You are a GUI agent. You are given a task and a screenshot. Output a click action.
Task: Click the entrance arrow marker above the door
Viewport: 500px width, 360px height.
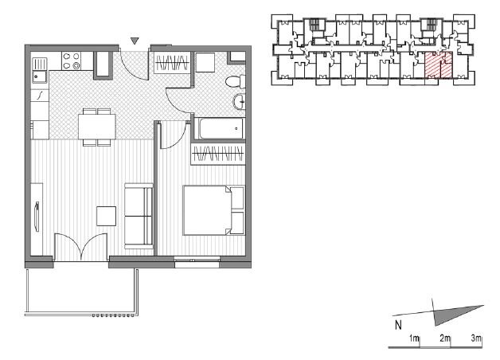point(135,41)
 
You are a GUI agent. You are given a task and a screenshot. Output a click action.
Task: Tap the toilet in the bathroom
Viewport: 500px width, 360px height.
point(236,81)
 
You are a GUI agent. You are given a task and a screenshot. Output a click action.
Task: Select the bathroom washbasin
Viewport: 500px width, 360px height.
point(239,102)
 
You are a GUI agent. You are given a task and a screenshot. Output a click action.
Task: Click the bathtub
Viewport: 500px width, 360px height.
point(219,128)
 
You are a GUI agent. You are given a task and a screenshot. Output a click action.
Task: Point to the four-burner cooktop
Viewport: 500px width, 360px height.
point(71,61)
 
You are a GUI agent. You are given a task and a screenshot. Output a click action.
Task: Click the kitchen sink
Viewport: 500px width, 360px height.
point(40,70)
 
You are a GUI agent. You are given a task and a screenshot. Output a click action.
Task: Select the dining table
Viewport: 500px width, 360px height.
point(97,127)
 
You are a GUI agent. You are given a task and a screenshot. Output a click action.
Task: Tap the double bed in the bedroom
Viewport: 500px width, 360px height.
point(213,210)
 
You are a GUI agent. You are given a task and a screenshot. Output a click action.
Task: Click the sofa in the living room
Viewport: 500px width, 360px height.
point(139,216)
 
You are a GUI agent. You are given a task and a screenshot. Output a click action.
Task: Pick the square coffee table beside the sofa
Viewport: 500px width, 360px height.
point(106,216)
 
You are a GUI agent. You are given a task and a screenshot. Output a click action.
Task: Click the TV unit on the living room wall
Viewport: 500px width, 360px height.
point(37,219)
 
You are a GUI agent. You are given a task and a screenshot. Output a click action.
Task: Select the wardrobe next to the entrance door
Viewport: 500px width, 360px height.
point(172,63)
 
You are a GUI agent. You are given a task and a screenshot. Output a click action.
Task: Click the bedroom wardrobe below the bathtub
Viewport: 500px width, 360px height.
point(218,154)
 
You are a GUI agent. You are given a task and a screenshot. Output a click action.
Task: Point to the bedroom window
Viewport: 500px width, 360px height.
point(197,262)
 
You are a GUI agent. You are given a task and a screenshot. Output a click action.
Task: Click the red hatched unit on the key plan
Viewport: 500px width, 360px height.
point(439,65)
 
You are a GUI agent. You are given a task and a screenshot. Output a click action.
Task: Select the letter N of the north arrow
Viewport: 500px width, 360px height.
point(398,325)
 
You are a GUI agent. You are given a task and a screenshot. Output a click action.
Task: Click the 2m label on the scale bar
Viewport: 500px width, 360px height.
point(445,338)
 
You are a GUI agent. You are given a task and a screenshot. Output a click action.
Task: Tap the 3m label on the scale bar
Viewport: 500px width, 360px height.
point(476,338)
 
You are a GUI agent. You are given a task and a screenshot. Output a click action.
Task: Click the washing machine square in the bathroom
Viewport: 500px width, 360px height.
point(205,62)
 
